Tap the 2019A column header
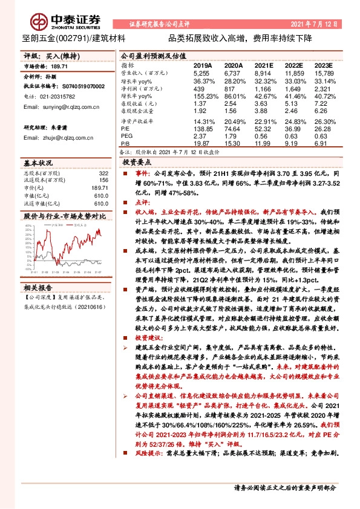click(202, 65)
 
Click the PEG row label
click(126, 136)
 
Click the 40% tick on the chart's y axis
click(27, 227)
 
